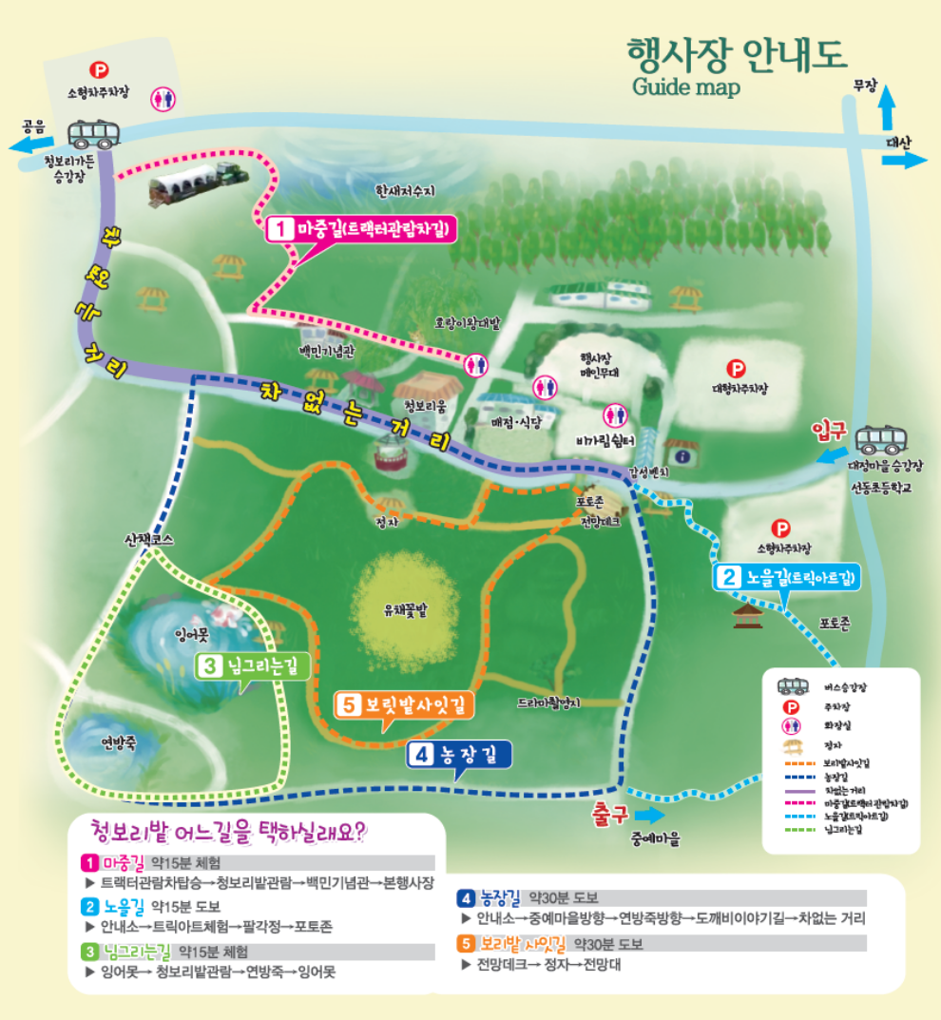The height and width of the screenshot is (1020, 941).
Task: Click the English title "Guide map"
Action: pyautogui.click(x=685, y=87)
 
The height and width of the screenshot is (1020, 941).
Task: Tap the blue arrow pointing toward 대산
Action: pyautogui.click(x=906, y=160)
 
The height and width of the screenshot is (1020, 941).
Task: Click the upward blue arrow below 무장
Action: pyautogui.click(x=886, y=107)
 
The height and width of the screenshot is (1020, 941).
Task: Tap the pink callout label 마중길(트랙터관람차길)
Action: pyautogui.click(x=359, y=229)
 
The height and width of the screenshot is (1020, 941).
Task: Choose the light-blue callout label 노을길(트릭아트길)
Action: pyautogui.click(x=788, y=577)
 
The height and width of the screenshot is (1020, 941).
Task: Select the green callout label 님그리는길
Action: pyautogui.click(x=253, y=666)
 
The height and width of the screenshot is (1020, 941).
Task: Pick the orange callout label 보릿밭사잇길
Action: pyautogui.click(x=404, y=704)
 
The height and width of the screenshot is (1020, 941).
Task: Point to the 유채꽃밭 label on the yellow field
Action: pyautogui.click(x=405, y=611)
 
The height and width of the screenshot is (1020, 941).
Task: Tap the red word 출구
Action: pyautogui.click(x=609, y=815)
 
